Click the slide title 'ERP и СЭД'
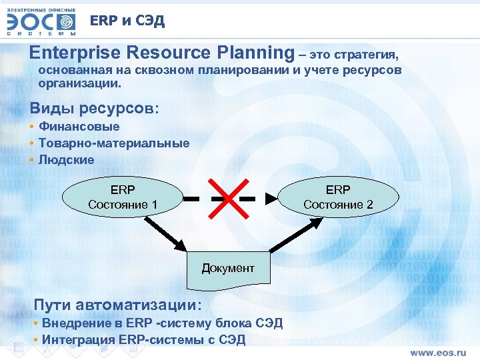pyautogui.click(x=127, y=21)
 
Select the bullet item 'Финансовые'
pyautogui.click(x=79, y=126)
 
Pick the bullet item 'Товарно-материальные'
pyautogui.click(x=113, y=143)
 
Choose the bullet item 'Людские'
pyautogui.click(x=66, y=160)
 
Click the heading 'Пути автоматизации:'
pyautogui.click(x=117, y=305)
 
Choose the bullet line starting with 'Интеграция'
pyautogui.click(x=143, y=339)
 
